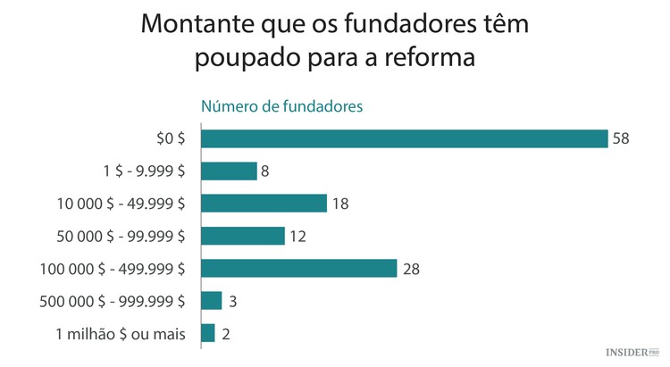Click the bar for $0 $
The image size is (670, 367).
pos(404,138)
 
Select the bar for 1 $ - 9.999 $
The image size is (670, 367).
pos(229,171)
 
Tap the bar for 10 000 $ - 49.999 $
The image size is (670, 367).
pos(264,203)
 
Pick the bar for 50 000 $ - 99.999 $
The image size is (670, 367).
pos(243,236)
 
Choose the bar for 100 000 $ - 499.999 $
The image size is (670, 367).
pos(298,268)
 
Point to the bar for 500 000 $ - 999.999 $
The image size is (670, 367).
pos(211,301)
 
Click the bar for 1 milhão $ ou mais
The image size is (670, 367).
pos(208,333)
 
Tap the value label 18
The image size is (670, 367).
pos(339,204)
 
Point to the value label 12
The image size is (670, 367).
pos(297,236)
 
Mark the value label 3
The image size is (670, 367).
pos(232,301)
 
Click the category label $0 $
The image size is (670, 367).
pos(170,138)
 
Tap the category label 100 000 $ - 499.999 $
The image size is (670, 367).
pos(113,269)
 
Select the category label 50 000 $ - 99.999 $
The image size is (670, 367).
pos(119,236)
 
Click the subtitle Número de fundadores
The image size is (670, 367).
pos(281,106)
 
